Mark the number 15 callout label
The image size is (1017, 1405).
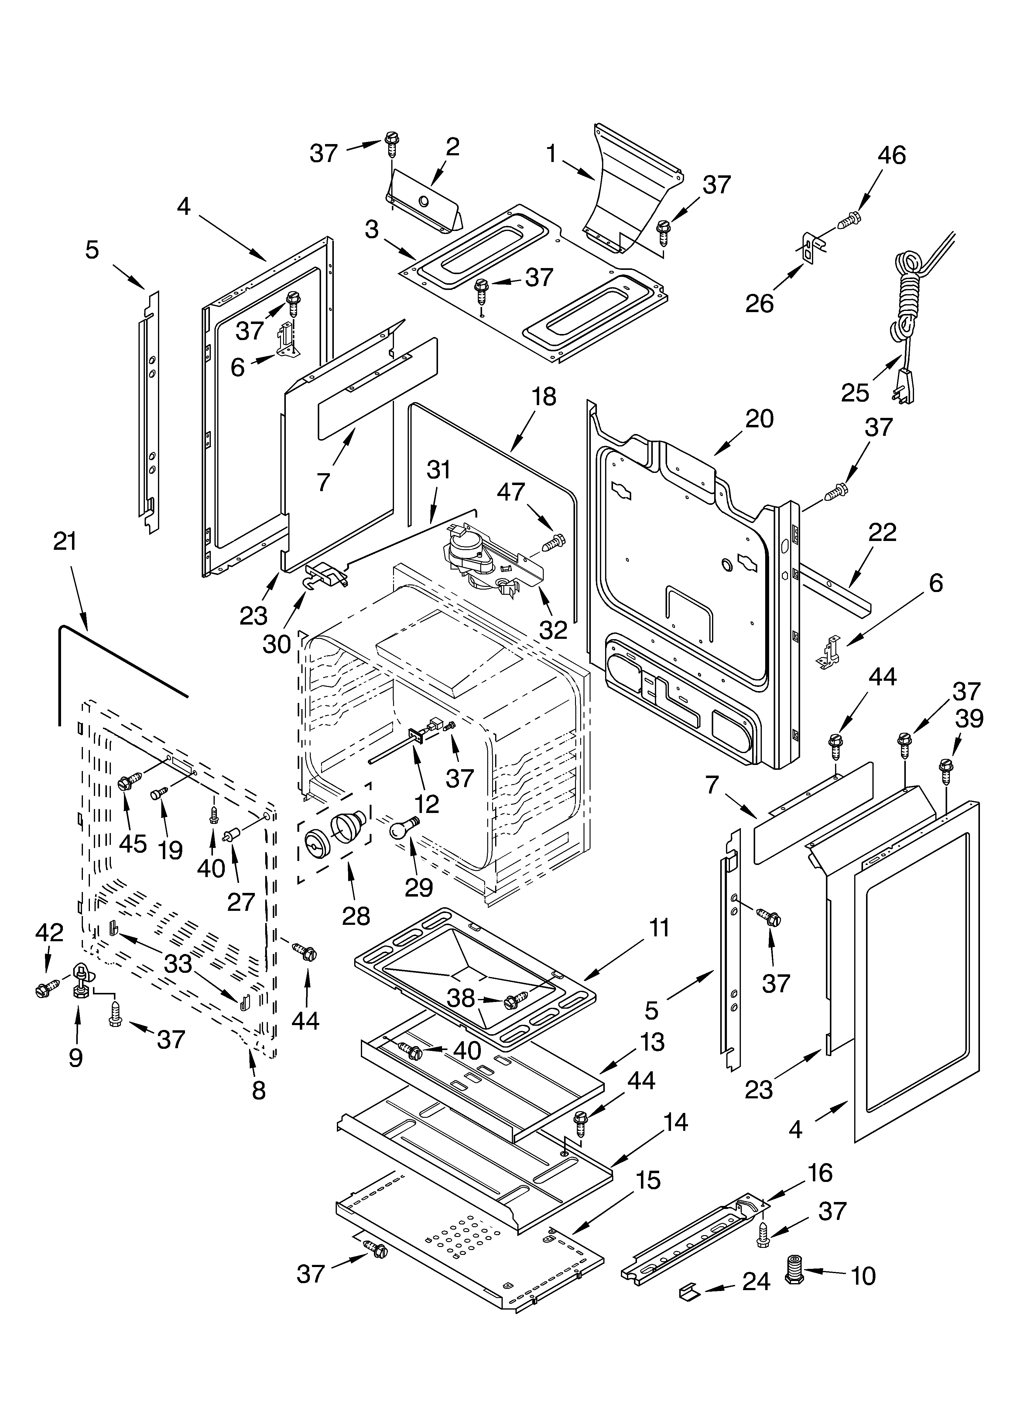pyautogui.click(x=647, y=1180)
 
